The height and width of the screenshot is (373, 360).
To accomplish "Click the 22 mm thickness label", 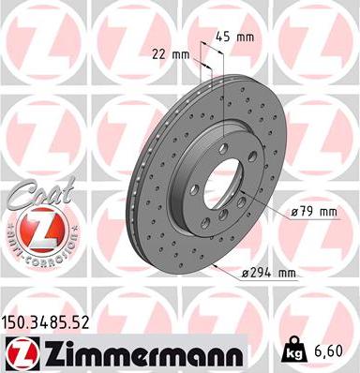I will click(170, 53).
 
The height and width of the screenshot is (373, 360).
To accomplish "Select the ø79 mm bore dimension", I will click(314, 212).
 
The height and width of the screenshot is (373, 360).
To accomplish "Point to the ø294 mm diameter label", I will click(268, 274).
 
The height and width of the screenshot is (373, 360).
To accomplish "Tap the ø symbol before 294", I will click(245, 274).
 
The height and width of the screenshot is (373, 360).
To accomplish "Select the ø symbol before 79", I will click(296, 212).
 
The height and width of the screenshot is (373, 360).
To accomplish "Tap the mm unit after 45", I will click(248, 37).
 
